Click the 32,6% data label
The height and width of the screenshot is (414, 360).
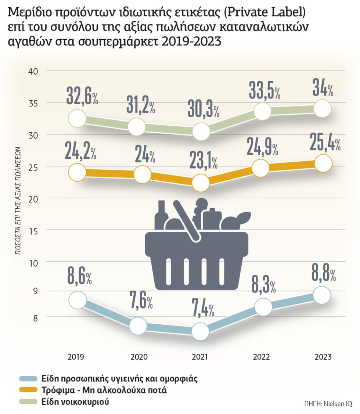pyautogui.click(x=82, y=96)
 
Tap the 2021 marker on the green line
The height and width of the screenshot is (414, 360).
pyautogui.click(x=201, y=131)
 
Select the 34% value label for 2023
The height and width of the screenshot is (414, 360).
pyautogui.click(x=323, y=87)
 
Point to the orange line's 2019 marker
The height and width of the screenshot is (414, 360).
pyautogui.click(x=77, y=172)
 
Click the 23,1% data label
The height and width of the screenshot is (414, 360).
pyautogui.click(x=204, y=160)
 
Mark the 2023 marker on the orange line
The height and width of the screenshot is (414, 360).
pyautogui.click(x=323, y=163)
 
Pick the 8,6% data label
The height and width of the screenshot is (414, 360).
pyautogui.click(x=79, y=276)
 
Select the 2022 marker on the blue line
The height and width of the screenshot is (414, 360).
pyautogui.click(x=263, y=306)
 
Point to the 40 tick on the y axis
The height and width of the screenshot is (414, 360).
pyautogui.click(x=33, y=71)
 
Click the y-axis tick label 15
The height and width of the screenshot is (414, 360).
pyautogui.click(x=33, y=231)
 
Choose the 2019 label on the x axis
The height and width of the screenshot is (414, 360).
pyautogui.click(x=76, y=357)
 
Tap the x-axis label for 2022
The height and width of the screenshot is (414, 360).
pyautogui.click(x=261, y=357)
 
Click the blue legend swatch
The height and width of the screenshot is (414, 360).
pyautogui.click(x=28, y=379)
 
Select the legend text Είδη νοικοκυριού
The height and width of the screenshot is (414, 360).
pyautogui.click(x=75, y=402)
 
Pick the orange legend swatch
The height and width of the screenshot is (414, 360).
pyautogui.click(x=28, y=390)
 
